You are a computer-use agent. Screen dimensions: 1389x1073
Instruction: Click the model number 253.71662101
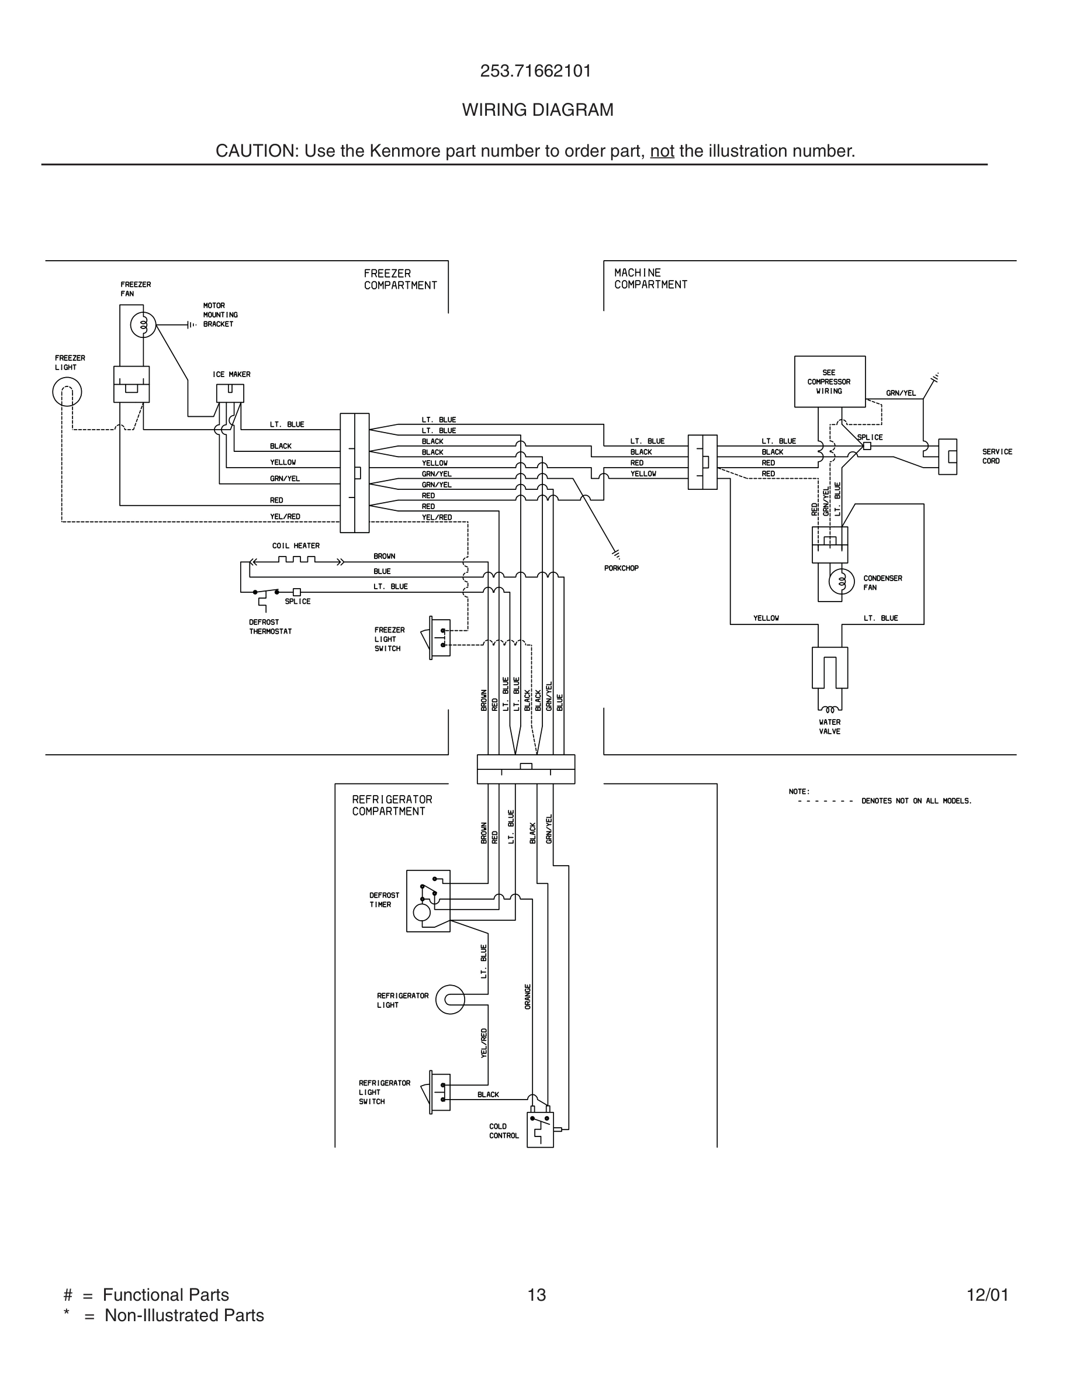coord(536,71)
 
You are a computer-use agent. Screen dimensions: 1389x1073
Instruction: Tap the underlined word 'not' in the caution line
coord(662,151)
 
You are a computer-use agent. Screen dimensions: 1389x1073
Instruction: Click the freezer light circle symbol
coord(67,392)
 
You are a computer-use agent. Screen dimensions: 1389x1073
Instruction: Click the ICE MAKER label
coord(231,375)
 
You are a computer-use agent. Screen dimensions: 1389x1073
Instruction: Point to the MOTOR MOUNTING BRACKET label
coord(220,315)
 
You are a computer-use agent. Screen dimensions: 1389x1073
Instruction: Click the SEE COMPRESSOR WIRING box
coord(829,382)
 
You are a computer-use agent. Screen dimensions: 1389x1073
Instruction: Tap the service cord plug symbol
coord(948,457)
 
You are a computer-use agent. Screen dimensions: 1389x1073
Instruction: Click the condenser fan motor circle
coord(842,581)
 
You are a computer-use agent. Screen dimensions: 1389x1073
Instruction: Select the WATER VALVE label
coord(829,727)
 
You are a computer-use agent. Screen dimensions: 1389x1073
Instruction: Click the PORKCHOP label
coord(621,568)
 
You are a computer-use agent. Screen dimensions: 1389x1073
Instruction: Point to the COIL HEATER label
coord(296,545)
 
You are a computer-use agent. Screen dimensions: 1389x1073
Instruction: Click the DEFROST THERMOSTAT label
coord(270,627)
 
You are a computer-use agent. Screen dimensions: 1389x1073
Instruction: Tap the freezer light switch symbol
coord(440,638)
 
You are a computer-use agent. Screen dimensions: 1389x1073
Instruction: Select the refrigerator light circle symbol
coord(450,1000)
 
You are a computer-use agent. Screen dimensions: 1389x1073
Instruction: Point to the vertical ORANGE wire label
coord(528,996)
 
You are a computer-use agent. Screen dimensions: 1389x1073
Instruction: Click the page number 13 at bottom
coord(536,1295)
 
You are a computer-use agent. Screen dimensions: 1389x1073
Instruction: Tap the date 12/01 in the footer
coord(987,1295)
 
